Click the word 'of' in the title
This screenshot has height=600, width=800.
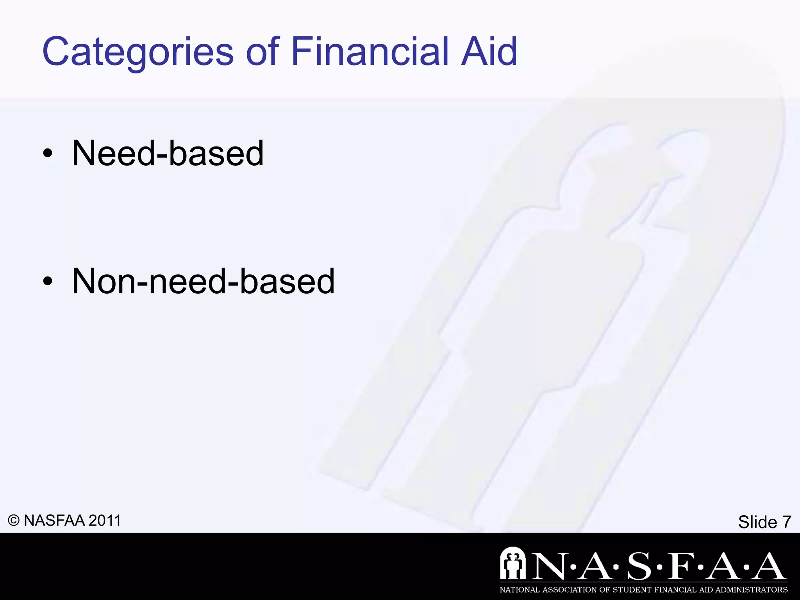tap(262, 52)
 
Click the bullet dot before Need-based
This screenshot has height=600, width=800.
tap(48, 154)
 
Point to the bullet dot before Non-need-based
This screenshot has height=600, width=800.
tap(48, 282)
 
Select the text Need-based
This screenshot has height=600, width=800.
tap(168, 153)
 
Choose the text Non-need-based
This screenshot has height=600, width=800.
tap(203, 281)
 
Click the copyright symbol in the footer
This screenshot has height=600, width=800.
tap(14, 521)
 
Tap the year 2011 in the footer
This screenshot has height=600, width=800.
tap(105, 521)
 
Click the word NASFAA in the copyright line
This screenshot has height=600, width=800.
tap(54, 521)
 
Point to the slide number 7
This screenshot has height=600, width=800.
tap(786, 522)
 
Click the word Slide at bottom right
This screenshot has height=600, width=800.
tap(757, 522)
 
